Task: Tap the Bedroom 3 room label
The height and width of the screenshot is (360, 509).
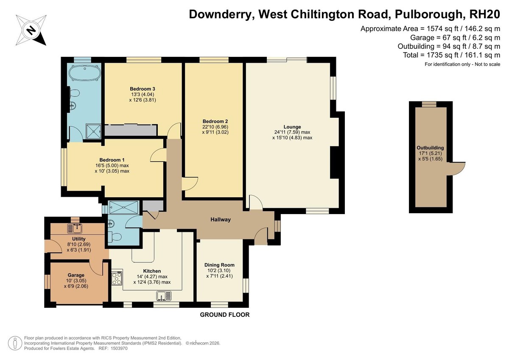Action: pos(143,89)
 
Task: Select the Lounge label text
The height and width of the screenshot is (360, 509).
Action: pos(292,127)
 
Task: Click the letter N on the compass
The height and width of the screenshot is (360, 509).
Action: pos(31,30)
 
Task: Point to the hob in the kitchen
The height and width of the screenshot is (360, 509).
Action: pos(117,278)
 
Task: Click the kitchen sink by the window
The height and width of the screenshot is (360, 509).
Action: pos(164,296)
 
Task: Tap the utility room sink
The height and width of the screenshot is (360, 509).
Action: pos(75,229)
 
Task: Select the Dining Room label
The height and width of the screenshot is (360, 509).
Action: pos(219,265)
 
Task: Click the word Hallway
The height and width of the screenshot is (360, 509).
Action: pos(221,219)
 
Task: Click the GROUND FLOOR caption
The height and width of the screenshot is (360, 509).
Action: pos(225,315)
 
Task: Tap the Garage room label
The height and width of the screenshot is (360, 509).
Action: pos(76,275)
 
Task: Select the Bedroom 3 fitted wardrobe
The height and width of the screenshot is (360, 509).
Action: pos(131,130)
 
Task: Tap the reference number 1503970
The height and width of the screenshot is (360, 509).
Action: pos(119,349)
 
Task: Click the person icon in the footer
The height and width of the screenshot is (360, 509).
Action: pos(15,343)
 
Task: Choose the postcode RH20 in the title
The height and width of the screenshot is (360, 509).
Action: pos(484,14)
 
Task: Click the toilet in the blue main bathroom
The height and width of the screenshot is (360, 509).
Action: pos(75,93)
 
